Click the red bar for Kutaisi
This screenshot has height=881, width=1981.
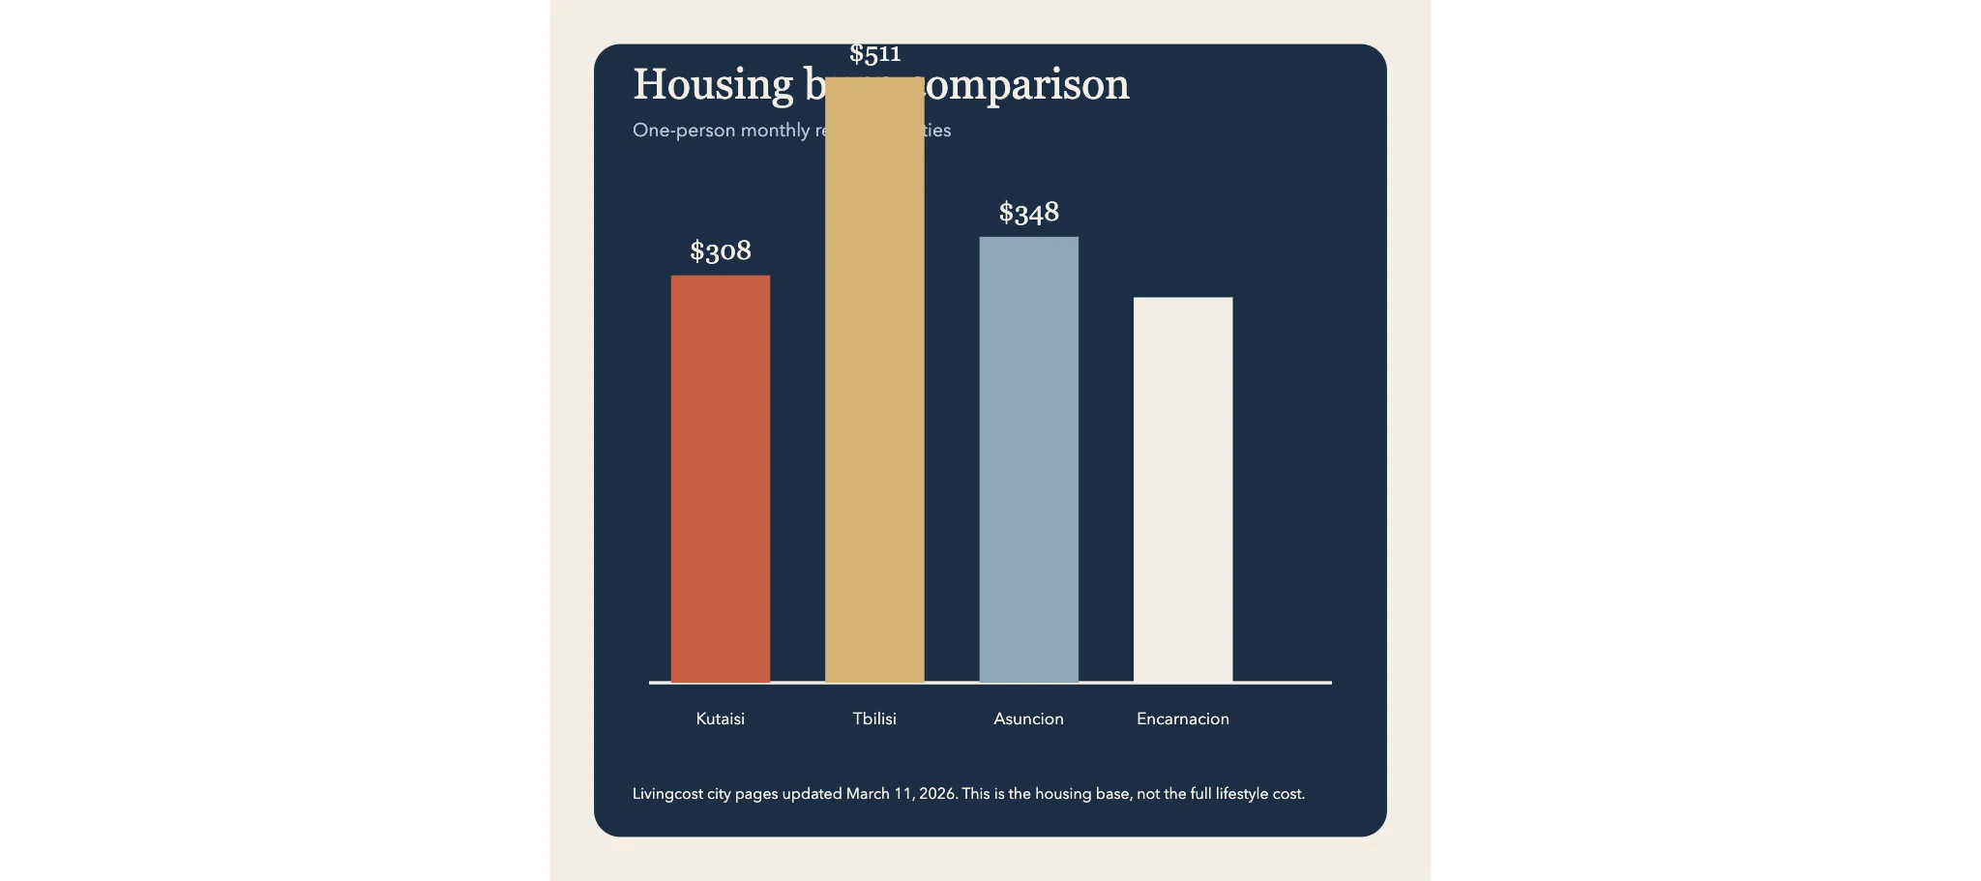[721, 479]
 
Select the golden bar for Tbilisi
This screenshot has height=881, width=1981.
[874, 387]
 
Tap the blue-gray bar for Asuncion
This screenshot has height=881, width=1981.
[1028, 459]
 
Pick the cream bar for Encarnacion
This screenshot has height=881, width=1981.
[1183, 489]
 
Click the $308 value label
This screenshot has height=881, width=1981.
[721, 251]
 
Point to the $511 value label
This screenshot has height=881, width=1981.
[875, 54]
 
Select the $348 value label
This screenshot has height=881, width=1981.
[1029, 213]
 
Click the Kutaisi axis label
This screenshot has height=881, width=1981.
[721, 719]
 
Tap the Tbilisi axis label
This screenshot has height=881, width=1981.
[874, 719]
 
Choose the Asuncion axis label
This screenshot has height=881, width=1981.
[1028, 719]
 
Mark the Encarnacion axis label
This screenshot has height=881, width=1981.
[1183, 719]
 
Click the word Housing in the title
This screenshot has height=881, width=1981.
[713, 85]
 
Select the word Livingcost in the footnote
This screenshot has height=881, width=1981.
[667, 794]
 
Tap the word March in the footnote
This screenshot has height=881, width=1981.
[868, 794]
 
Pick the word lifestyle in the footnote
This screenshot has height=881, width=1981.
[1242, 794]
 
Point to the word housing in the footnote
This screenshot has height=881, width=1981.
[1063, 794]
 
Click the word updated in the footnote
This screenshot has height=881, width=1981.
[812, 794]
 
